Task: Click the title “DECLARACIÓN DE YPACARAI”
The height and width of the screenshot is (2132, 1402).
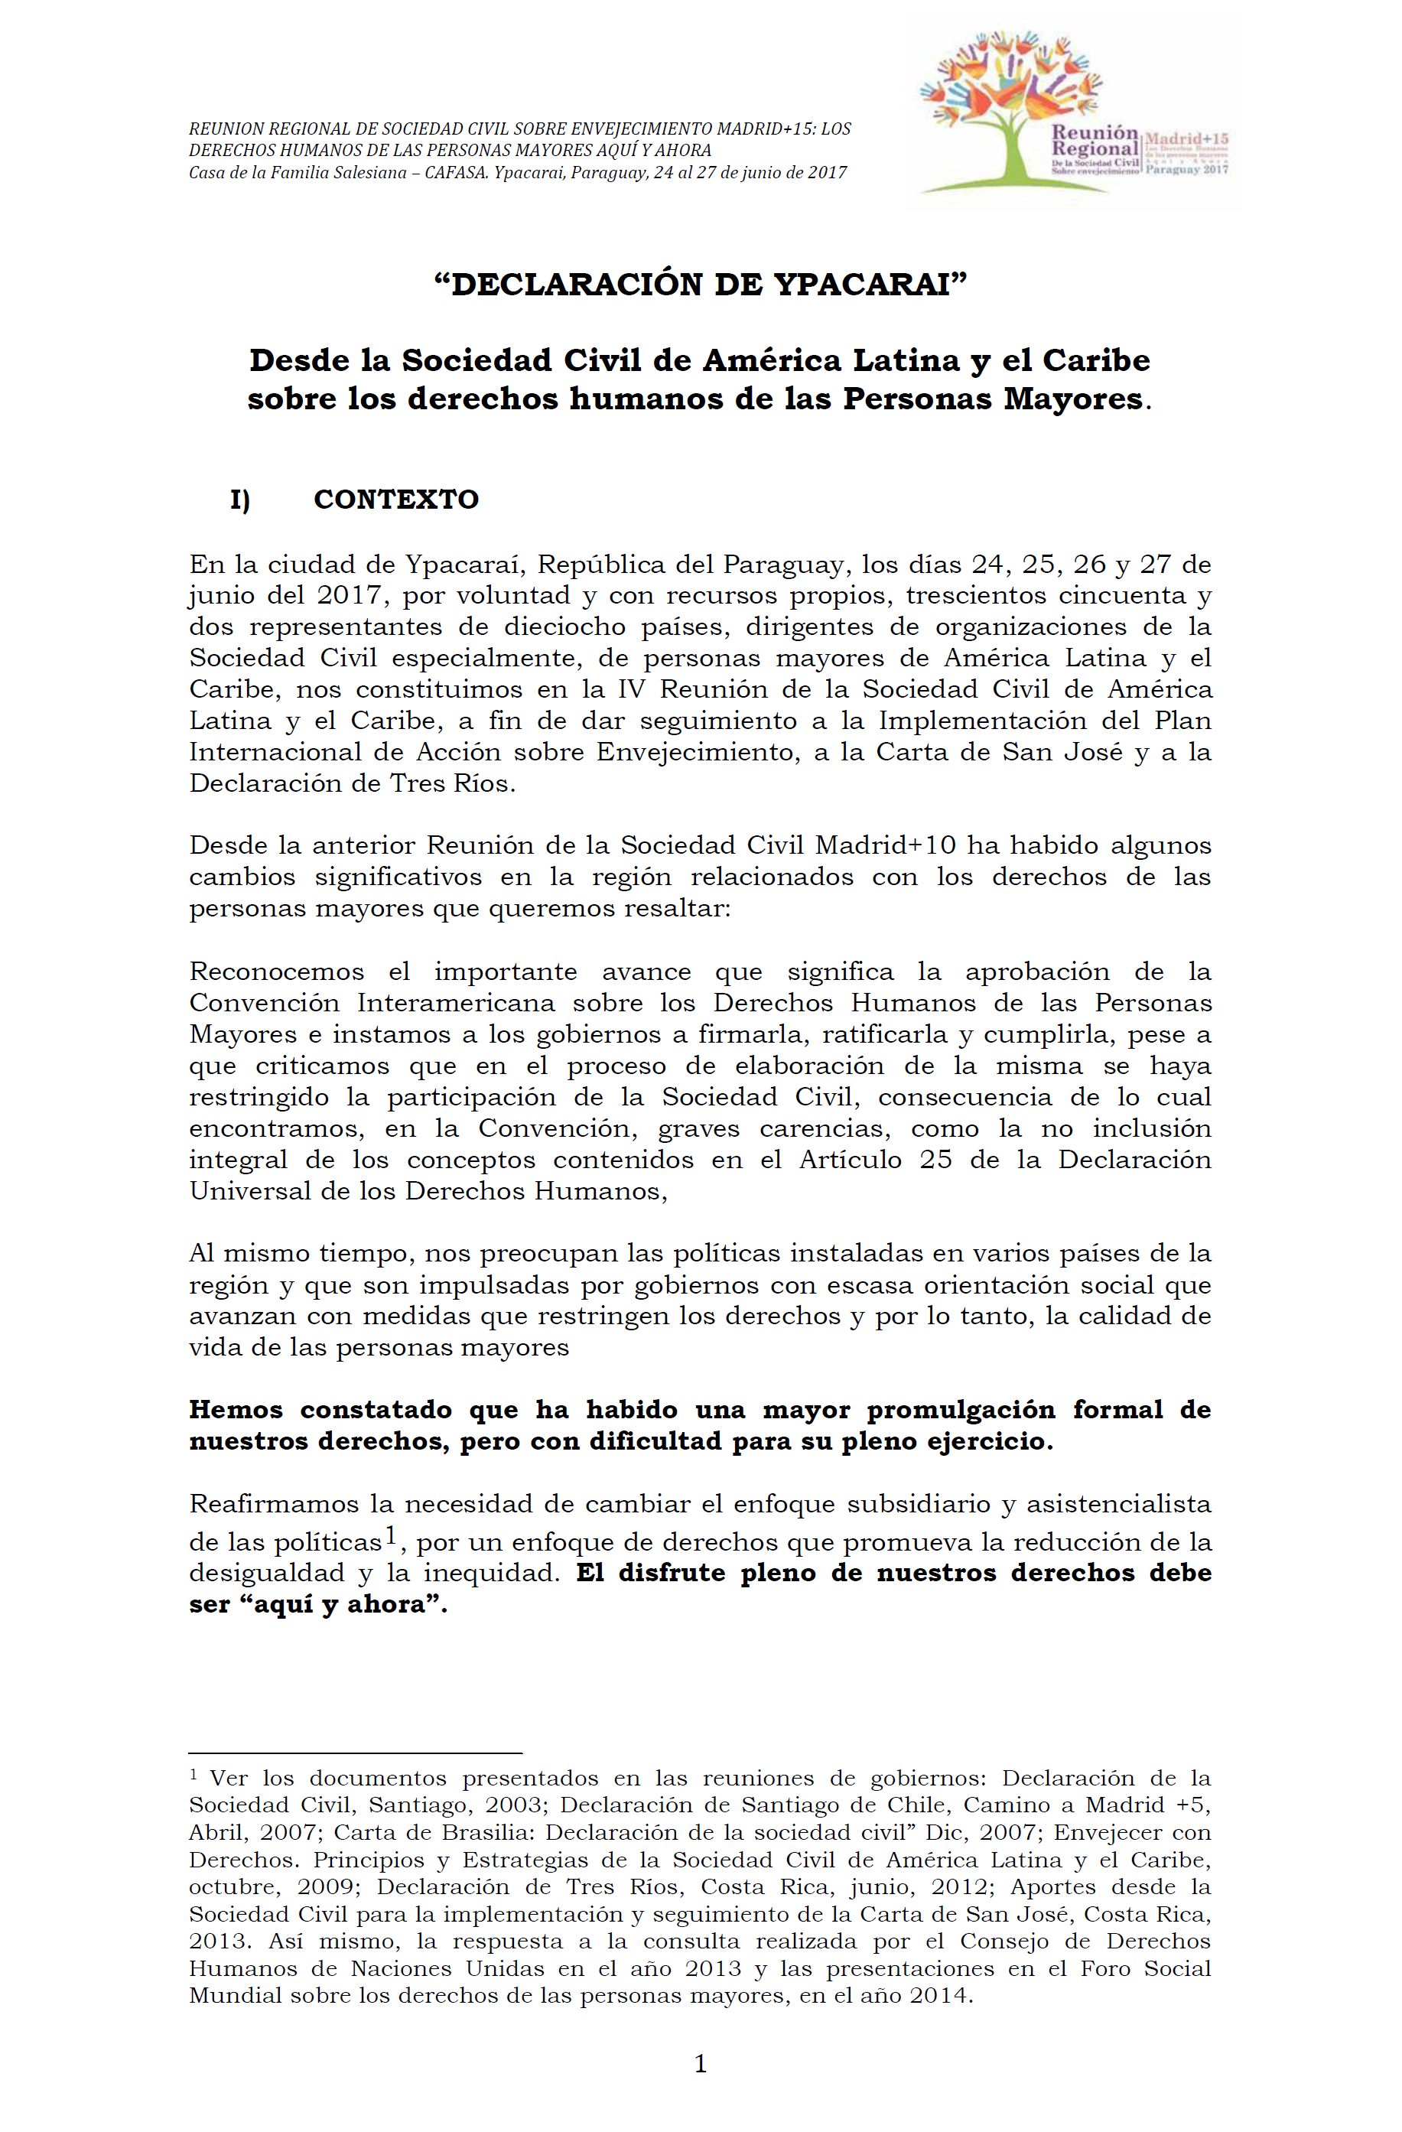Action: click(x=700, y=284)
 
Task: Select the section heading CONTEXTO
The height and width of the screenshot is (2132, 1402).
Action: click(x=396, y=499)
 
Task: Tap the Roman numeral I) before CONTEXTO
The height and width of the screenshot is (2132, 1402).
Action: click(x=240, y=500)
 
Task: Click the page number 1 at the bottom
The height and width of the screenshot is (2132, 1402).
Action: click(x=701, y=2065)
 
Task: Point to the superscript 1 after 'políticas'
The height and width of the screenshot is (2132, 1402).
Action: click(x=391, y=1536)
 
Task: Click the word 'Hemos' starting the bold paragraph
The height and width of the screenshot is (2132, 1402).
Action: click(x=236, y=1409)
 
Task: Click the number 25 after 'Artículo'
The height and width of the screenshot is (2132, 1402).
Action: click(x=935, y=1159)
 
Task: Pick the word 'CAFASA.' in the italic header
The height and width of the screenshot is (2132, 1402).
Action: click(x=456, y=173)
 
